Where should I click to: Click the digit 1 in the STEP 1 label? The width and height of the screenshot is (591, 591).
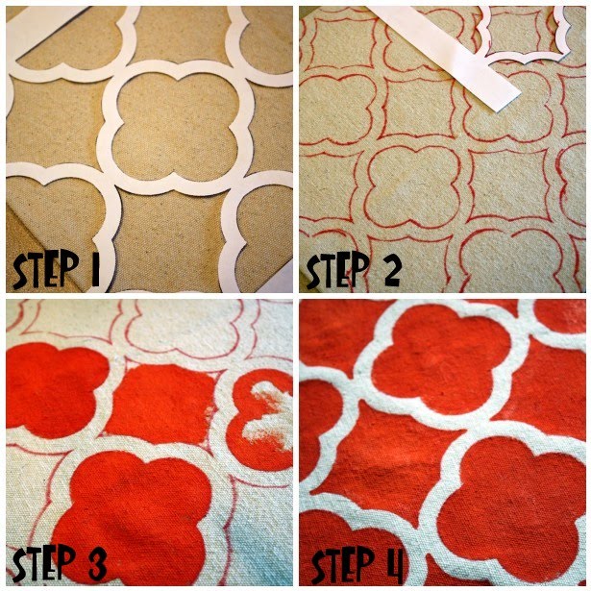click(94, 269)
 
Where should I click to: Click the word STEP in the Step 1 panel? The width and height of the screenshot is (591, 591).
click(46, 269)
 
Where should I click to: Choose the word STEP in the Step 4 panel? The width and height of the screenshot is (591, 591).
click(342, 565)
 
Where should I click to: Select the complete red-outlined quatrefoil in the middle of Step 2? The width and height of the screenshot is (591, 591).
click(414, 184)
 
